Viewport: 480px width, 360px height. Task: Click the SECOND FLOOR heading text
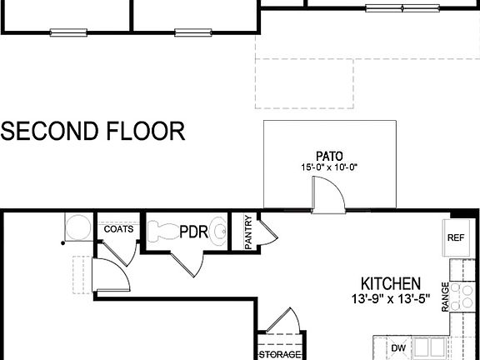92,131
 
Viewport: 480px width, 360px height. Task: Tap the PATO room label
329,155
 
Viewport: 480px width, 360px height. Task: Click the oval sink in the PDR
218,230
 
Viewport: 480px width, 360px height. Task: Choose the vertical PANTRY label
248,232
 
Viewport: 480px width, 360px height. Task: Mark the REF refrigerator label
455,237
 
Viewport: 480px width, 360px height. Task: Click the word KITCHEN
390,284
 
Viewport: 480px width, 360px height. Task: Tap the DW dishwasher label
399,346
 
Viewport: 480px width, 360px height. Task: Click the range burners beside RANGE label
465,296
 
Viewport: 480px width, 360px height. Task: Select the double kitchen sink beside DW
428,347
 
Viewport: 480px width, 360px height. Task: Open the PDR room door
188,261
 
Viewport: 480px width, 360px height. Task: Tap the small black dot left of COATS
62,243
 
